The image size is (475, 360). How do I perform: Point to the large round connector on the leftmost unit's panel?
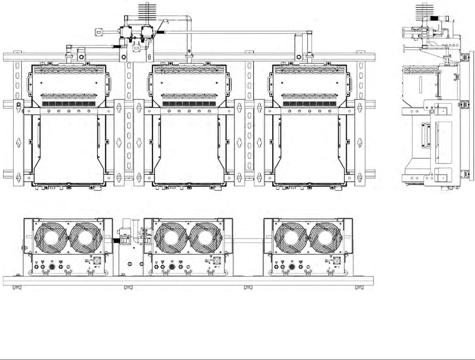click(x=52, y=267)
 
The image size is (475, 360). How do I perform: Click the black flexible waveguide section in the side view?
click(x=435, y=18)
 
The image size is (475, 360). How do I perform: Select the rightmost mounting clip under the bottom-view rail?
click(x=359, y=288)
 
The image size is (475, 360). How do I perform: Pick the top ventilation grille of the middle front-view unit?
click(x=189, y=70)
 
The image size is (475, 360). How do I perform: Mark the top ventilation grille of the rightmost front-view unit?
click(x=309, y=70)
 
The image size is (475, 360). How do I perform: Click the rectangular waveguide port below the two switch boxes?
click(x=136, y=48)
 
